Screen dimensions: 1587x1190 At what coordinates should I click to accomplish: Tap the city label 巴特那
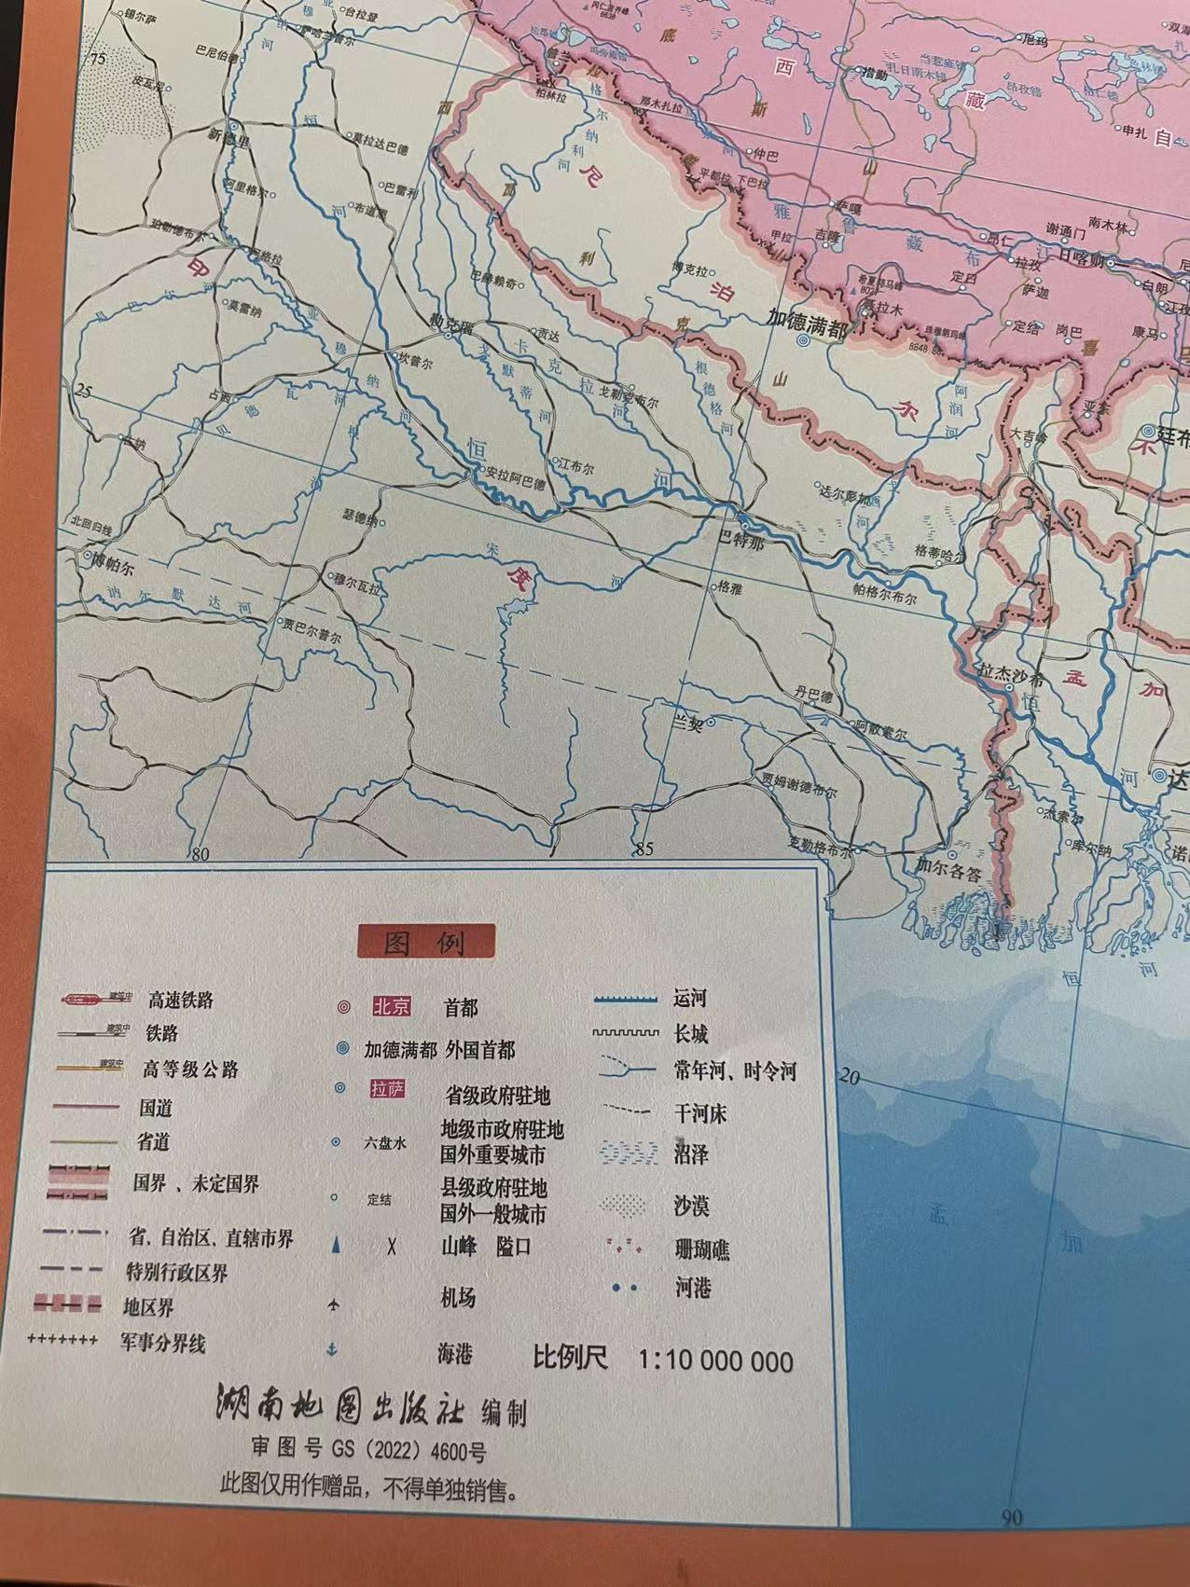[737, 540]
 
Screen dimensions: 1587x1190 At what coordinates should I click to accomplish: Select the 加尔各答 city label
[949, 874]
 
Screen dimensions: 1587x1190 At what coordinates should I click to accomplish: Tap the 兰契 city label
[688, 721]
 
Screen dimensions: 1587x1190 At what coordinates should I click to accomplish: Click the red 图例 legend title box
[425, 942]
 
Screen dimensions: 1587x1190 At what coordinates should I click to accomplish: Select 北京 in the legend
[391, 1007]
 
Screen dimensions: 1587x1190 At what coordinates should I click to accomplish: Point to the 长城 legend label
[690, 1034]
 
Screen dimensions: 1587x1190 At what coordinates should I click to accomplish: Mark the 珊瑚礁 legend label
[701, 1249]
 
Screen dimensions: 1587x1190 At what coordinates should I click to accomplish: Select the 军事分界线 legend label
[162, 1344]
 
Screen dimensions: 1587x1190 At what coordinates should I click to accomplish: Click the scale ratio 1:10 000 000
[715, 1360]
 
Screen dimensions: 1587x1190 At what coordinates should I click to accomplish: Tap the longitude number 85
[643, 849]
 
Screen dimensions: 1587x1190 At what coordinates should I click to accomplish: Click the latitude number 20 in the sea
[849, 1076]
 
